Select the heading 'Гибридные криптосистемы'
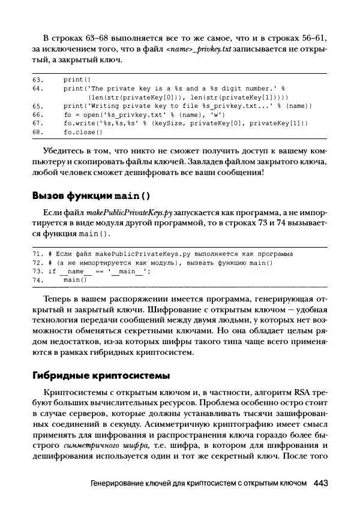click(x=101, y=375)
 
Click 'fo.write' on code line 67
click(x=79, y=123)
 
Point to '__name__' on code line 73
click(x=76, y=271)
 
